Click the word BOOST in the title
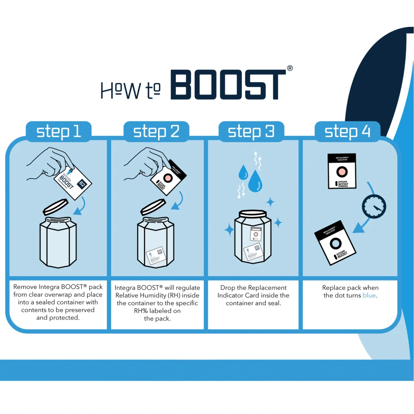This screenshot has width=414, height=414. pyautogui.click(x=228, y=85)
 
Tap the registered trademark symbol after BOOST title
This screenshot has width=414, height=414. pyautogui.click(x=290, y=68)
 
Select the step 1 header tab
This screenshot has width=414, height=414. pyautogui.click(x=58, y=131)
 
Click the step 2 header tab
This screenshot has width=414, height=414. pyautogui.click(x=156, y=131)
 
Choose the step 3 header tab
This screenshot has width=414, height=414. pyautogui.click(x=251, y=131)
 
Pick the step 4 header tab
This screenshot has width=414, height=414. pyautogui.click(x=347, y=131)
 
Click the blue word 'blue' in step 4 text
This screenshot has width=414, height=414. pyautogui.click(x=369, y=295)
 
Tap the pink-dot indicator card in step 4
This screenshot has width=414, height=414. pyautogui.click(x=342, y=171)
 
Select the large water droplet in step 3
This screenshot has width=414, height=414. pyautogui.click(x=255, y=181)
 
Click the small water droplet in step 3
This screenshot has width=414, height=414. pyautogui.click(x=243, y=173)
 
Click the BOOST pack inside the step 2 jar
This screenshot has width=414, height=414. pyautogui.click(x=155, y=256)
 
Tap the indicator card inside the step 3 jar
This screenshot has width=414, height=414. pyautogui.click(x=255, y=235)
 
